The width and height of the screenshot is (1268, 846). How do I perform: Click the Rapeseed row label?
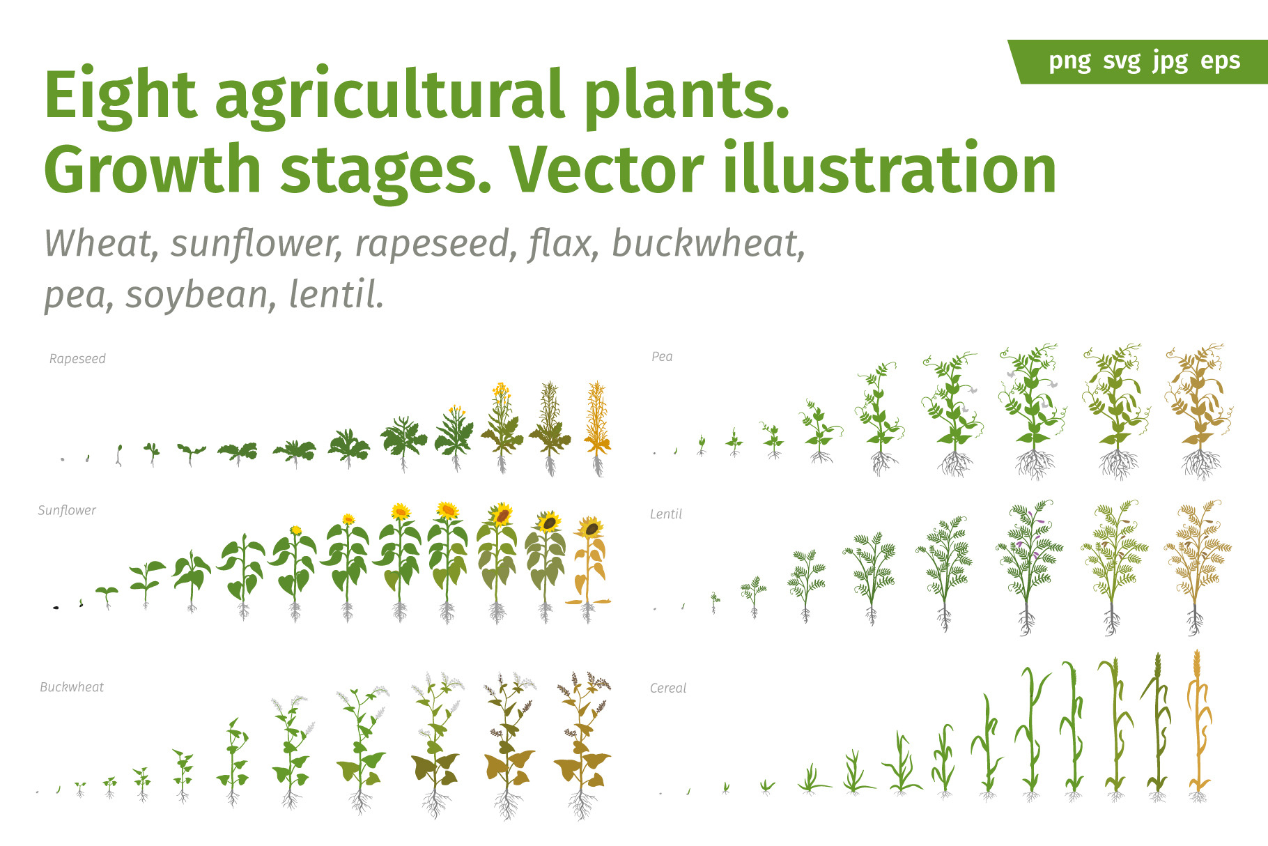[77, 359]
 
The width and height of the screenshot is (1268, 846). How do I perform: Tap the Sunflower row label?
[67, 510]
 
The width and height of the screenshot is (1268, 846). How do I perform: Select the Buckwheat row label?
[72, 687]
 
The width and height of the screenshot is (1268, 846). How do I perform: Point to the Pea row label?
[662, 357]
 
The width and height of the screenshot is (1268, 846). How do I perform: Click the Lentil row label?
[666, 514]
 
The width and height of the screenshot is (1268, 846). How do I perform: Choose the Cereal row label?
[668, 689]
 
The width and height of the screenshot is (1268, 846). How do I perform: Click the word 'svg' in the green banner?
[1122, 61]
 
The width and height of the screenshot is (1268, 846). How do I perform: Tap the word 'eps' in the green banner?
[1221, 61]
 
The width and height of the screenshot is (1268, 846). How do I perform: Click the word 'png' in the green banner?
[1070, 61]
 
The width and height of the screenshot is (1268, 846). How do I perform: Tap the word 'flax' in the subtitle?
[563, 243]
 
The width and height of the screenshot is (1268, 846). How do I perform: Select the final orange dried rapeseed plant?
[597, 429]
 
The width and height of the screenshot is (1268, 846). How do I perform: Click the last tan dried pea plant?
[1199, 411]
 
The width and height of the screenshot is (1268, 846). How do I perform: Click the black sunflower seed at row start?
[56, 608]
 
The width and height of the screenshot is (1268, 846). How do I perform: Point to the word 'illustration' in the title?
[890, 169]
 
